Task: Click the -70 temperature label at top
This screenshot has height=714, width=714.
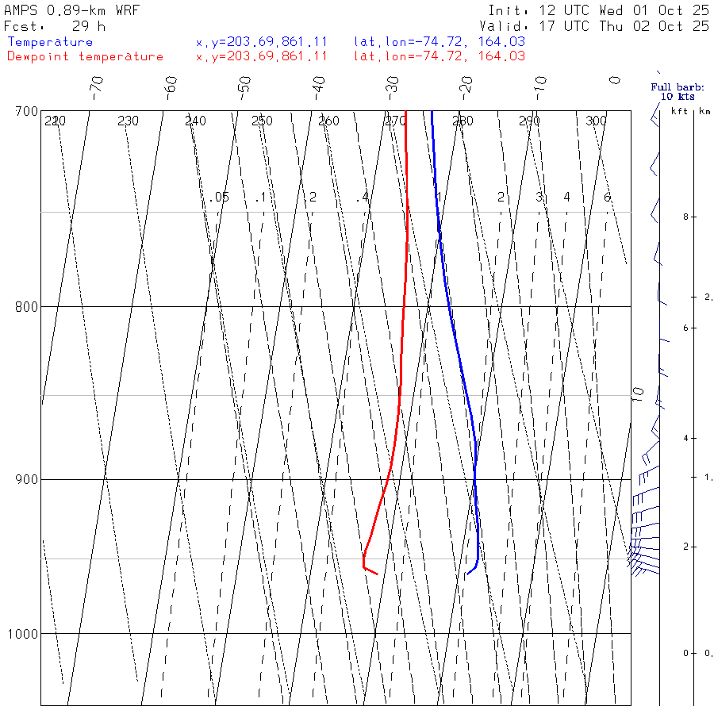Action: click(x=97, y=84)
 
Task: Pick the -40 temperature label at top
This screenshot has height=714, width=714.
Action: click(x=319, y=84)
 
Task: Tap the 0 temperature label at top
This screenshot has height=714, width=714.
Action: click(x=615, y=80)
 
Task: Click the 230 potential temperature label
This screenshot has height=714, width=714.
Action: click(x=128, y=121)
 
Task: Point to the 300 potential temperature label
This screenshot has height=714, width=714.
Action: click(x=596, y=121)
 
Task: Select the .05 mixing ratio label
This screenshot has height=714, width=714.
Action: click(x=220, y=197)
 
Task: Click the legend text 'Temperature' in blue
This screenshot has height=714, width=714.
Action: click(x=50, y=42)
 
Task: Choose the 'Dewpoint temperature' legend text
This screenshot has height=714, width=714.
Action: click(x=85, y=56)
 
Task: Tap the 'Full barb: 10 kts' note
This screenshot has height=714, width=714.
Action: click(x=673, y=91)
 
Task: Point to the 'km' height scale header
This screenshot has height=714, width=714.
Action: click(x=704, y=111)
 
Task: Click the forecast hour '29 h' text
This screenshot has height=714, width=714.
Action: click(x=88, y=25)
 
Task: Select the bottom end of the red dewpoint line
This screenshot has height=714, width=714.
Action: click(x=377, y=574)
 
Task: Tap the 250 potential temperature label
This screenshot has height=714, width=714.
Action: click(x=262, y=121)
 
